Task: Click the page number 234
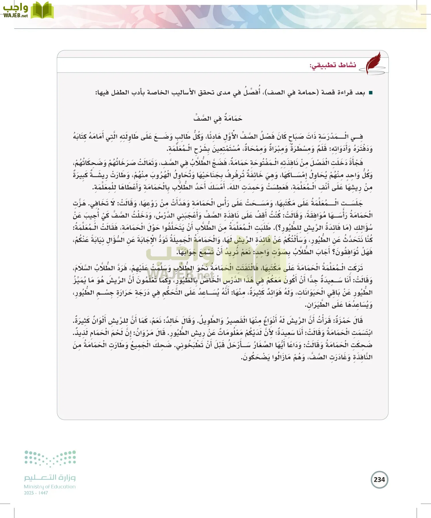379,480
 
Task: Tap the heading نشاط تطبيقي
333,65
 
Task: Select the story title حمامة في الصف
218,118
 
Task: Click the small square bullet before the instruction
370,93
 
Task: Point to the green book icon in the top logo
42,10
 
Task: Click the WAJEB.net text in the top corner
16,16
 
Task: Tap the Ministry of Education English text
50,487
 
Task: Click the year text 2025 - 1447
36,493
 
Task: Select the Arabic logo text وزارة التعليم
50,477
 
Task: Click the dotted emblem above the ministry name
50,458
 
